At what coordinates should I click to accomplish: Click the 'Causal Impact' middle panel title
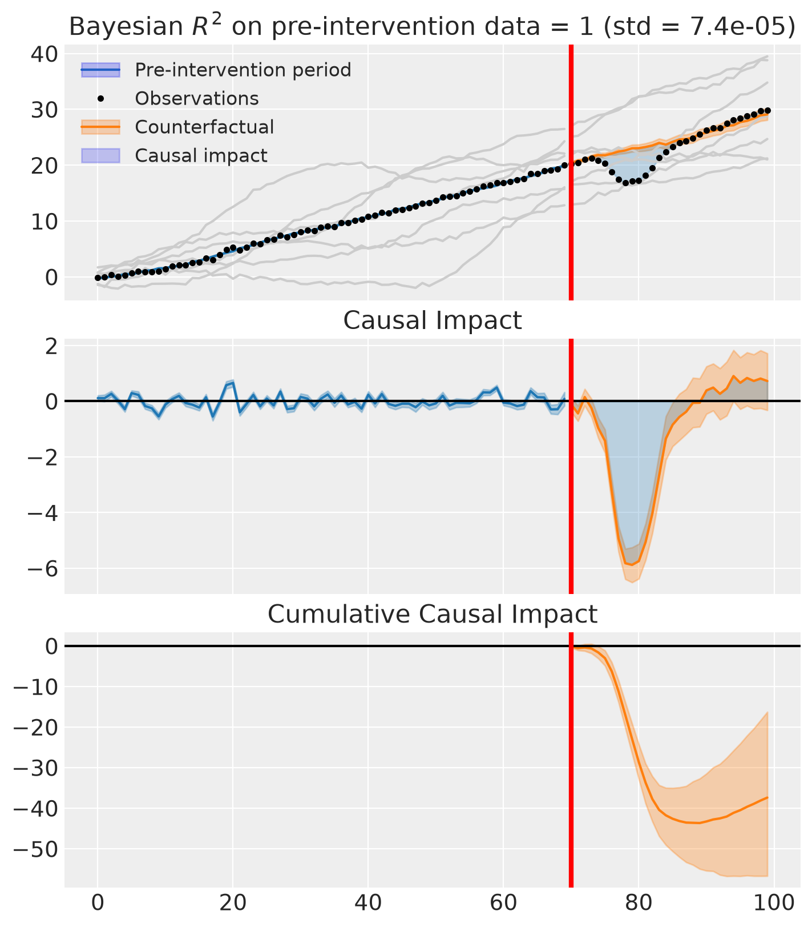coord(432,321)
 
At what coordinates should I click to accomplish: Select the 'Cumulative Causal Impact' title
coord(432,615)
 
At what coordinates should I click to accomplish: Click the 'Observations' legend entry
coord(196,98)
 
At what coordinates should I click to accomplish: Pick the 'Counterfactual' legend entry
coord(204,127)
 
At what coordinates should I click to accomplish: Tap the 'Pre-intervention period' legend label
coord(243,70)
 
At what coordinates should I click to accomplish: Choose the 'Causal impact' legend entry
coord(201,155)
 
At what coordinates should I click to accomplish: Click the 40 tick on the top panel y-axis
coord(44,54)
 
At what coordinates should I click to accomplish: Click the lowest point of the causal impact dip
coord(632,565)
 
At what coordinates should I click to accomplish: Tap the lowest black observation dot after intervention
coord(625,183)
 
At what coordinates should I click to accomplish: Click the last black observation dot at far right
coord(767,110)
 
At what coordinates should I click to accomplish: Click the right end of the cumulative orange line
coord(767,797)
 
